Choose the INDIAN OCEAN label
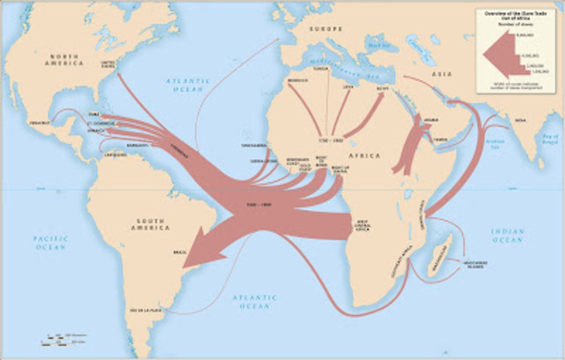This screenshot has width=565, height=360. [x=510, y=235]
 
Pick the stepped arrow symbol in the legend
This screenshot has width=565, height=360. [x=499, y=56]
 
